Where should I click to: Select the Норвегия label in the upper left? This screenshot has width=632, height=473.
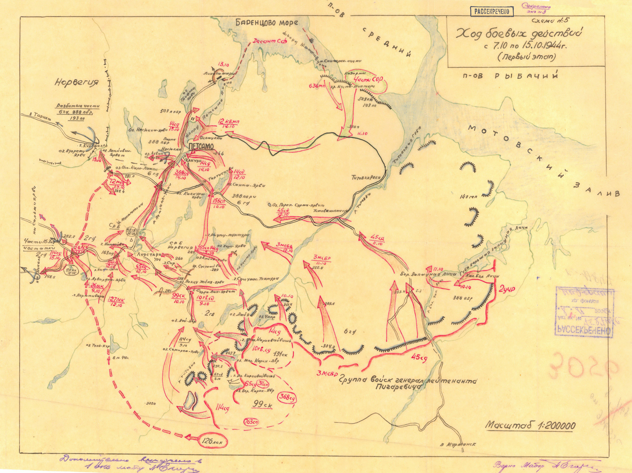[x=77, y=82]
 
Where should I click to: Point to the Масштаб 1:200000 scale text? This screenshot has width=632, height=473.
[x=530, y=433]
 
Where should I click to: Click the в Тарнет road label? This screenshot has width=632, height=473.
[x=40, y=116]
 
